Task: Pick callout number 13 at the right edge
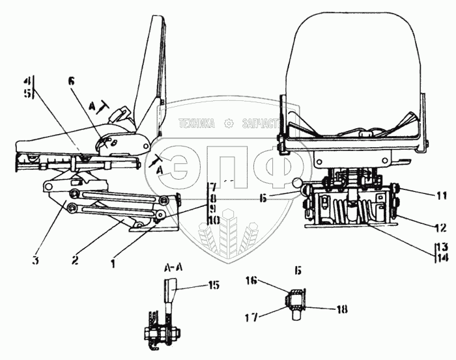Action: click(x=442, y=247)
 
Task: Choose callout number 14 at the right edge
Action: click(x=442, y=258)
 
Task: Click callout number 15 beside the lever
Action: click(x=214, y=284)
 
